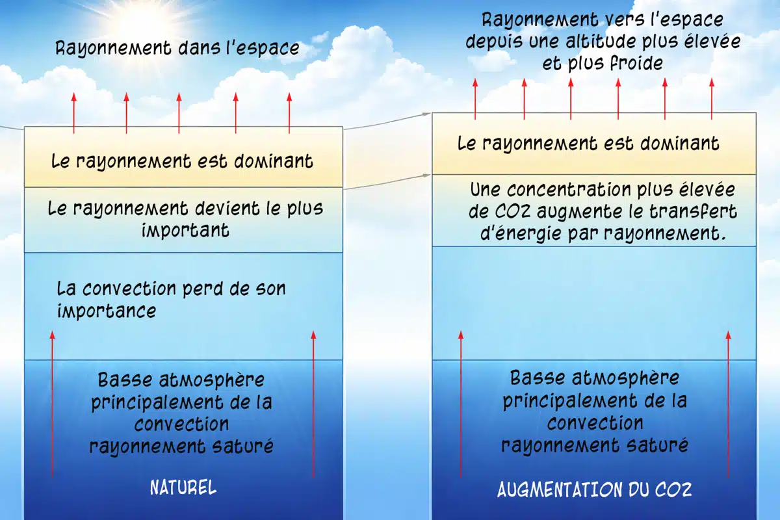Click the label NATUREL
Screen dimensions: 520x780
click(183, 487)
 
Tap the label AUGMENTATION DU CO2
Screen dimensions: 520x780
click(594, 489)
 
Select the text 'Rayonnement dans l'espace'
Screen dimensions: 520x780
click(177, 48)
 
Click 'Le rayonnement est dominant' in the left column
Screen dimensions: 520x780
click(182, 161)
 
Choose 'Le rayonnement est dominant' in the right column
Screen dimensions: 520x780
click(588, 143)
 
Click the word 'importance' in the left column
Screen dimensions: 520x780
click(107, 311)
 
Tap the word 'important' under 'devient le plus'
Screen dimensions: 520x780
click(185, 230)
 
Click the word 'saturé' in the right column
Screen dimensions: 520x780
click(655, 445)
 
